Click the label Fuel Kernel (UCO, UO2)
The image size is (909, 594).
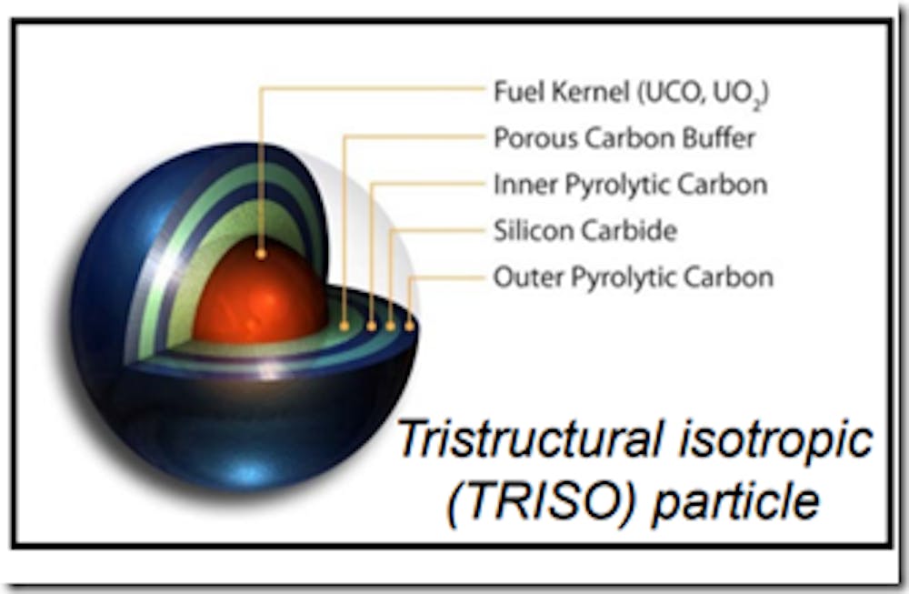coord(632,94)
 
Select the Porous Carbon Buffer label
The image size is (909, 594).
coord(624,138)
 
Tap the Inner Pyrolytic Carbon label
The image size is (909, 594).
coord(631,186)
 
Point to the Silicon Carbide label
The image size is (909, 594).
coord(585,231)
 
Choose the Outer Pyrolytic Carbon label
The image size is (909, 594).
coord(634,277)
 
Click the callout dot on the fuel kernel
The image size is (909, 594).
coord(261,254)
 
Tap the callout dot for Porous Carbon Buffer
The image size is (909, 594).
coord(345,326)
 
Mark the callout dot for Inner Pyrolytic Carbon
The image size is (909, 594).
coord(372,327)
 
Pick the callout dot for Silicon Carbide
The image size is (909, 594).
coord(390,327)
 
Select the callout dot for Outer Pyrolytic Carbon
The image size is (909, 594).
coord(409,327)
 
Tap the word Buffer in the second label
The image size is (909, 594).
coord(719,138)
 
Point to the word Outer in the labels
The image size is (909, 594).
coord(529,277)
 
